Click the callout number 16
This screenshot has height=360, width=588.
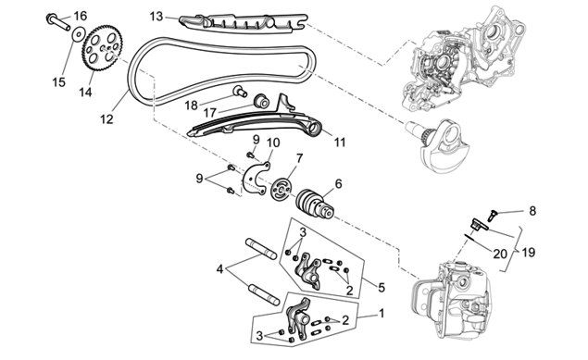(x=81, y=16)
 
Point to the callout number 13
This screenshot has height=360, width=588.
(x=156, y=17)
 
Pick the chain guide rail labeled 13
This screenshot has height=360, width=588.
(x=243, y=24)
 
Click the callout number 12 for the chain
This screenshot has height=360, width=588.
(x=106, y=119)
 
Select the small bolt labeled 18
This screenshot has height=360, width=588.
(x=239, y=91)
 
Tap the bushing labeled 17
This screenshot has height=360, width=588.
(x=261, y=101)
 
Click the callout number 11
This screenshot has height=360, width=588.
(x=340, y=143)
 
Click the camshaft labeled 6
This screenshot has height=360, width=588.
(x=315, y=204)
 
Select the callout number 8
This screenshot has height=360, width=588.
(x=532, y=211)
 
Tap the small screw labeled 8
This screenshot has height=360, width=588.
(x=492, y=215)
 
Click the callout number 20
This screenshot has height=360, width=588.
(x=500, y=254)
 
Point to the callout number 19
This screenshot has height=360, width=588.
(x=528, y=253)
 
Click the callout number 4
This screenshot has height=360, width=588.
(x=219, y=269)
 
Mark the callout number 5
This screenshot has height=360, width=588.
(x=382, y=287)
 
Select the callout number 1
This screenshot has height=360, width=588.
(x=382, y=313)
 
